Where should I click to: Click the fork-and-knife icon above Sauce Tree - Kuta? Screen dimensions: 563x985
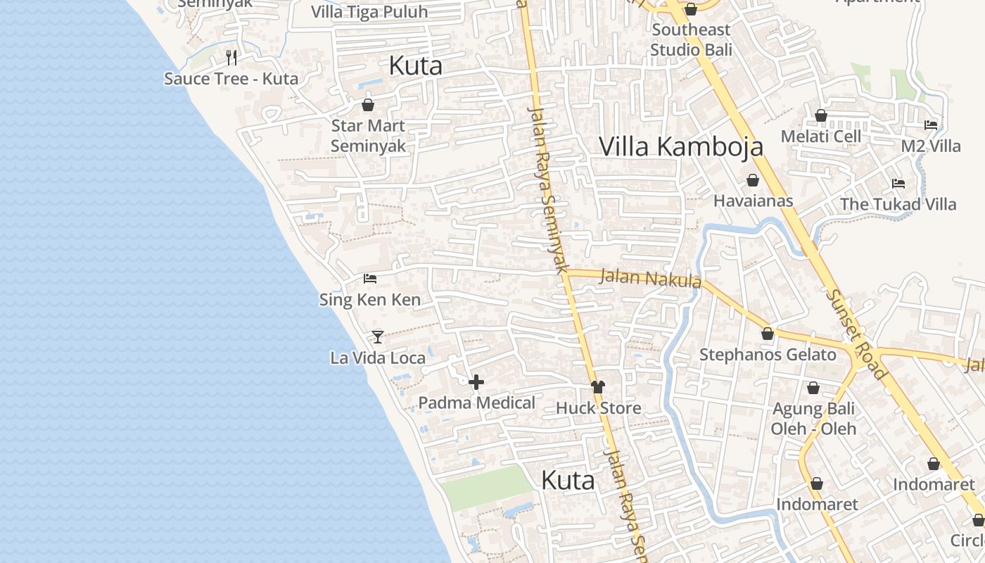231,57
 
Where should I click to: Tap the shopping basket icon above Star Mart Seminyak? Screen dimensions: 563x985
367,105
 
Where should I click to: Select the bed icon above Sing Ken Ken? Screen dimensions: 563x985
370,279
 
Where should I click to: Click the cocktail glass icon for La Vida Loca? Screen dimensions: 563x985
378,336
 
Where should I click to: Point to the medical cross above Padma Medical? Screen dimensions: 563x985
476,382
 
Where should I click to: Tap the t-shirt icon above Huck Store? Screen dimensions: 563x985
598,386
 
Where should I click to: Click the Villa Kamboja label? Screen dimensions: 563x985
680,146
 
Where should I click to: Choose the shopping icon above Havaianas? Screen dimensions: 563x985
753,180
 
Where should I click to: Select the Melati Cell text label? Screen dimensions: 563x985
820,137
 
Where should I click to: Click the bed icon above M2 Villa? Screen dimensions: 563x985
931,125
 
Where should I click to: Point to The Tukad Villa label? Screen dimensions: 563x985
898,204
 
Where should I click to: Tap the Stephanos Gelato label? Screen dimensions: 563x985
768,355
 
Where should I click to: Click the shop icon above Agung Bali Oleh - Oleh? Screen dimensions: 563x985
813,388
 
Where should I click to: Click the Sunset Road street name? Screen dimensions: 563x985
856,334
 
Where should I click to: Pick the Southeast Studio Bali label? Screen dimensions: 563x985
690,39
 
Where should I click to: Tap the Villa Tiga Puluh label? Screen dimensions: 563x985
369,13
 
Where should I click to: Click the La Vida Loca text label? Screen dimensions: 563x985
378,358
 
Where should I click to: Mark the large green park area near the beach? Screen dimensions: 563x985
486,487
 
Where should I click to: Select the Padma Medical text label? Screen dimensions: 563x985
476,403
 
